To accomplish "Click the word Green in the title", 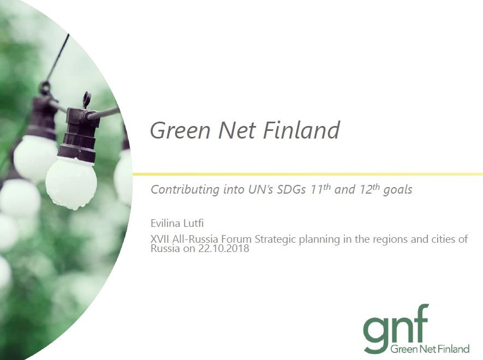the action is [x=180, y=130].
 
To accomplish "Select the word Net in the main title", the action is [x=237, y=130].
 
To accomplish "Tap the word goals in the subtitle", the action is [x=398, y=190].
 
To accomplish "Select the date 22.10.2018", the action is [x=224, y=248].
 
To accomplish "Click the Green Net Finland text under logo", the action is [x=430, y=349].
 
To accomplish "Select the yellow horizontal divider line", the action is [x=308, y=175].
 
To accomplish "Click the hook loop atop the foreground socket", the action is [x=87, y=99].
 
